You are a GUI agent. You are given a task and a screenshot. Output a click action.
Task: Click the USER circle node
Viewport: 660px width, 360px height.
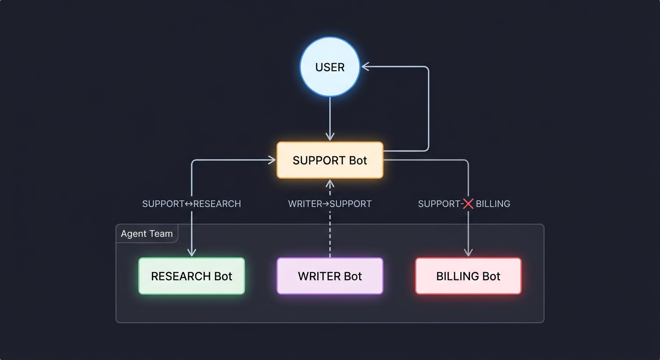pos(330,67)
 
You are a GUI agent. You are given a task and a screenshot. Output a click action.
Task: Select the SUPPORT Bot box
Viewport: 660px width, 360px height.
pos(330,160)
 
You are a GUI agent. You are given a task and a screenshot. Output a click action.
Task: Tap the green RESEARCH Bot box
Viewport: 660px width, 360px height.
pos(192,276)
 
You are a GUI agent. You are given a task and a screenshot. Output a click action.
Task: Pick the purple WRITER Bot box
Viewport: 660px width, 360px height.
pos(330,276)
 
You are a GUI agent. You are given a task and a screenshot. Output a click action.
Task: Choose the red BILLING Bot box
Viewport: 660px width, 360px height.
pos(468,276)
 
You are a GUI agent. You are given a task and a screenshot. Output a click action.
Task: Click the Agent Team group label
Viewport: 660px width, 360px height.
pos(147,234)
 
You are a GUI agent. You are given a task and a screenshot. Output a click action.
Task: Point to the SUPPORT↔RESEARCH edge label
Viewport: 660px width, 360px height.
pos(191,204)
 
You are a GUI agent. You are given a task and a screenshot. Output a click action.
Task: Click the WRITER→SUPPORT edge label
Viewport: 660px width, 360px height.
pos(330,204)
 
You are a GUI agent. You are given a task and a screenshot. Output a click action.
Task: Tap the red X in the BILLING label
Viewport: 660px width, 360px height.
pos(468,204)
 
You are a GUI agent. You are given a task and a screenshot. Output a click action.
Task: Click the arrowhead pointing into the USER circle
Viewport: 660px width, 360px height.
pos(365,67)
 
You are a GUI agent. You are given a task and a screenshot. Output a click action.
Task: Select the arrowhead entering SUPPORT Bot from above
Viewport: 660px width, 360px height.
pos(330,136)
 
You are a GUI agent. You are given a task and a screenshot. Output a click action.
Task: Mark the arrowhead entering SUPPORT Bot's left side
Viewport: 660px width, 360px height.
pos(272,160)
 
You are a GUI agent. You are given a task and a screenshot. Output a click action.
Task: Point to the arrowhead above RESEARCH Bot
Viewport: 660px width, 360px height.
pos(192,253)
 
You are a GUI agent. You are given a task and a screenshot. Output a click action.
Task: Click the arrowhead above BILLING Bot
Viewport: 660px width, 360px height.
pos(468,253)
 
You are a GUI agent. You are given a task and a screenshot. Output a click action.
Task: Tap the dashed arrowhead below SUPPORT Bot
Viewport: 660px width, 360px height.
pos(330,183)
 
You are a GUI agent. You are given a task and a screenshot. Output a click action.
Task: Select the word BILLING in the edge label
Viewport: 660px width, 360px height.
pos(493,204)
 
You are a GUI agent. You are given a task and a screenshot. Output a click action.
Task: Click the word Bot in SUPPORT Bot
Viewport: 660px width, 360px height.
pos(358,160)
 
